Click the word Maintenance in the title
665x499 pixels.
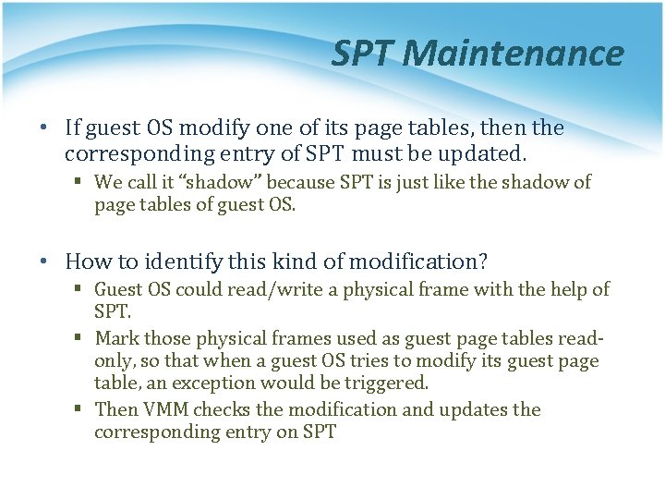click(x=514, y=54)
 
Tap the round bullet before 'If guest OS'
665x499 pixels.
click(x=46, y=128)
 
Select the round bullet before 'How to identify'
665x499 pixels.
click(x=46, y=262)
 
